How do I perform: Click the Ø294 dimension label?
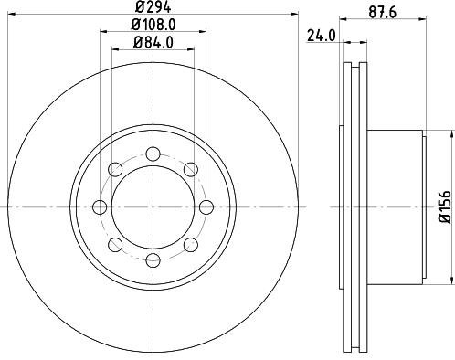[x=153, y=6]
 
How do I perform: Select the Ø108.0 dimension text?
[x=153, y=25]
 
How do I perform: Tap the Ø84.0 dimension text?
[x=153, y=43]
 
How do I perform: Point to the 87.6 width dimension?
[x=382, y=13]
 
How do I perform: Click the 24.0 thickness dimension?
[x=322, y=36]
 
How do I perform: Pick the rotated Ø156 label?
[x=444, y=206]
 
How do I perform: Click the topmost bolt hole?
[x=153, y=154]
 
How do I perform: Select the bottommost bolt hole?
[x=153, y=259]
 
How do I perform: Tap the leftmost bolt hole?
[x=100, y=207]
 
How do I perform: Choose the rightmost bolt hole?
[x=206, y=207]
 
